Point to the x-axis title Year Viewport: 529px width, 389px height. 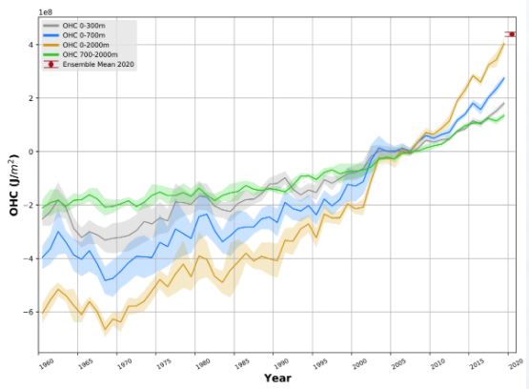click(x=277, y=379)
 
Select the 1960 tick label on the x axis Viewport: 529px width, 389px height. click(x=45, y=362)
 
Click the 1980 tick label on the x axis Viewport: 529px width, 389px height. click(x=201, y=362)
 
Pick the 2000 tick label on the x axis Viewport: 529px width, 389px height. click(x=357, y=362)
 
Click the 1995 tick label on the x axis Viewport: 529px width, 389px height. click(x=318, y=362)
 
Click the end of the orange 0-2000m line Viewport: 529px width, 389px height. click(x=504, y=43)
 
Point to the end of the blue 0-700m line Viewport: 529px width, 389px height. click(x=504, y=78)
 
